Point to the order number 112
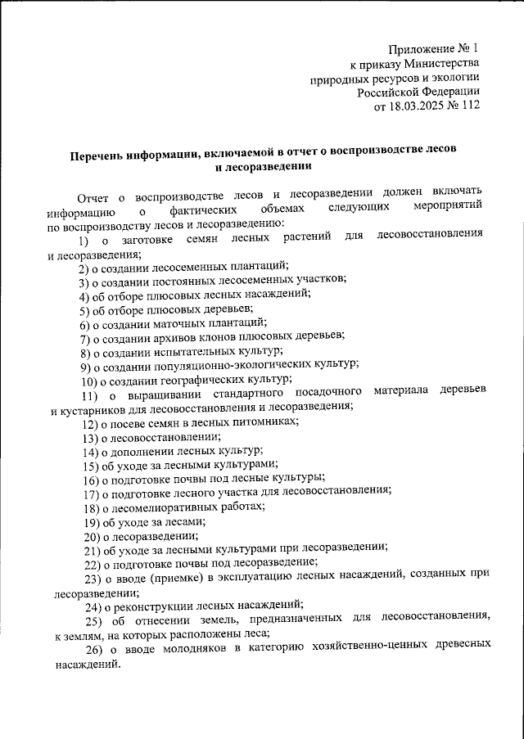(469, 106)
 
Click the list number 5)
(84, 311)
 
